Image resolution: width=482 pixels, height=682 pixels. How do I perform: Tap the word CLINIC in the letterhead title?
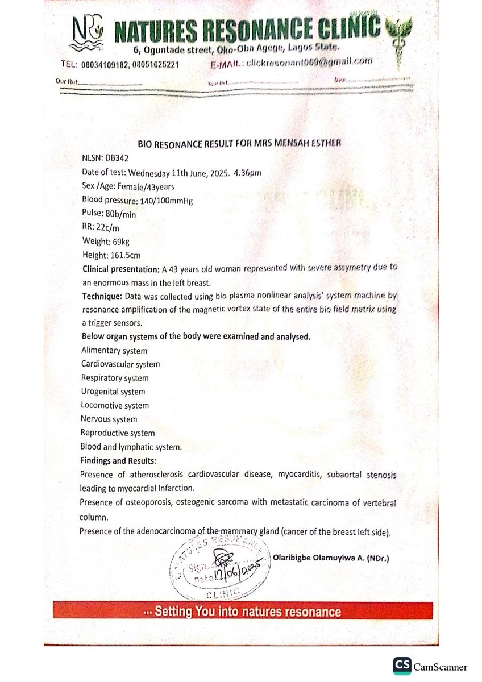click(344, 28)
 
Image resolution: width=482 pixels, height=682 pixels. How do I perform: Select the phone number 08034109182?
click(107, 64)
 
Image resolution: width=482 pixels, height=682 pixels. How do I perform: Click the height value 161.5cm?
click(128, 255)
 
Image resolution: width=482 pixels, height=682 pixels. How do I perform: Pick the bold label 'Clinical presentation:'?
click(117, 269)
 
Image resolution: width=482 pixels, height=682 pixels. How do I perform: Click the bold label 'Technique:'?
click(101, 297)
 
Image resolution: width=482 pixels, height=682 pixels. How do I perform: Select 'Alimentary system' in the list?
click(114, 351)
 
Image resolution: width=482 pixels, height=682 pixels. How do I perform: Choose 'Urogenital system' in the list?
click(113, 392)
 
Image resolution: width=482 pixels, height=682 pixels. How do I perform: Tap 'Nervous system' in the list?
click(109, 419)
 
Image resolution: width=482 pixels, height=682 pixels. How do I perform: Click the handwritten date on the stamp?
click(235, 570)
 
